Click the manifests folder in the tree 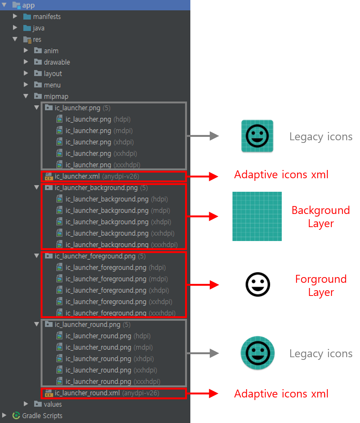pos(46,17)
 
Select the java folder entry pos(38,28)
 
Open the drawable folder pos(56,62)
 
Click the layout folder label pos(53,74)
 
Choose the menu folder pos(52,85)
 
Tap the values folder pos(53,404)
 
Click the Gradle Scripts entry pos(42,415)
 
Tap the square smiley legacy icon pos(257,136)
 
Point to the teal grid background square pos(257,216)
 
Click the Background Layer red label pos(321,217)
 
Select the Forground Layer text pos(321,285)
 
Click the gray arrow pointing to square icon pos(203,136)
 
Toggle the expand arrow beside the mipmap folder pos(26,96)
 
